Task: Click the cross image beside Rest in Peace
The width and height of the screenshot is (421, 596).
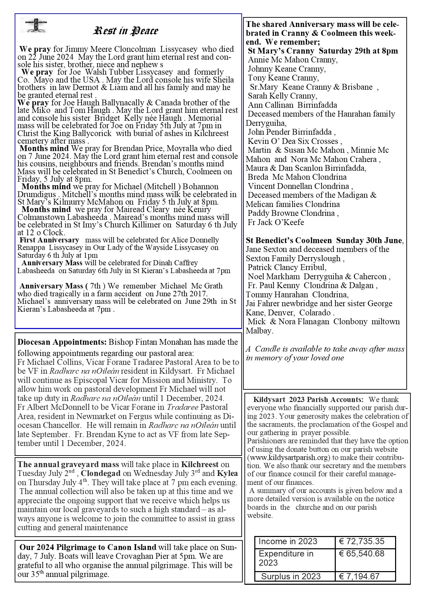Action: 36,25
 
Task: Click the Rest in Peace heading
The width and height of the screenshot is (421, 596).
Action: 126,31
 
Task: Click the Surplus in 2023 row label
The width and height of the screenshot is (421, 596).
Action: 291,576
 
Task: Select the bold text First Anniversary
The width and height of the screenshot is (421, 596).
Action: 49,240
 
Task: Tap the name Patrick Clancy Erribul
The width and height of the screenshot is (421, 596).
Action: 287,267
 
